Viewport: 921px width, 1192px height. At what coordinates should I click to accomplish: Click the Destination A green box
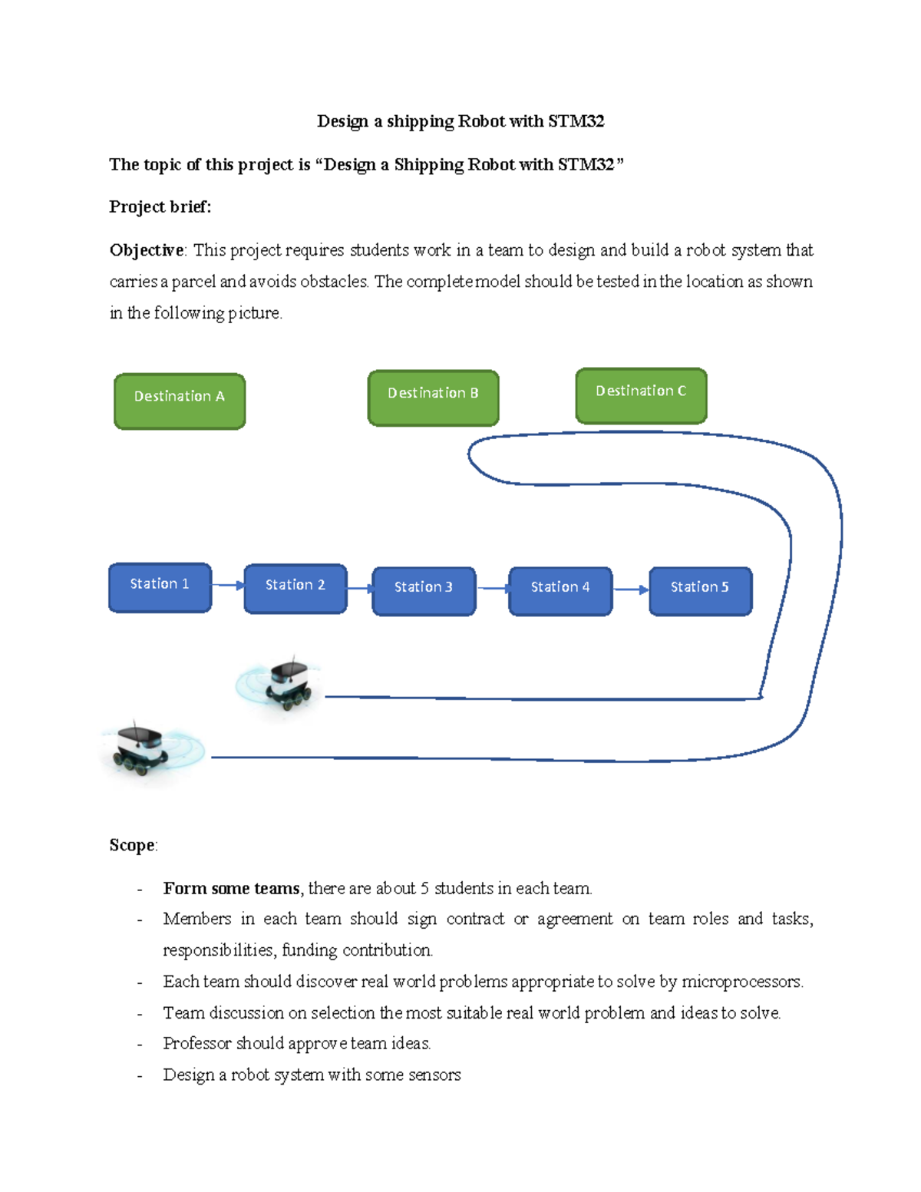pos(180,401)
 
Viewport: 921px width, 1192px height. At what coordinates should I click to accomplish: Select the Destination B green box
pos(433,398)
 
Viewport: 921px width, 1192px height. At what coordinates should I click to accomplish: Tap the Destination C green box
pos(641,395)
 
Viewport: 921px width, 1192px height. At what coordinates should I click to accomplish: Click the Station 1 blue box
pos(160,587)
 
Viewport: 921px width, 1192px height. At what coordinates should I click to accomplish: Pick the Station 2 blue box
pos(295,589)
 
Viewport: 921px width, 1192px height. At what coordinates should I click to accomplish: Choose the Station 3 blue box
pos(424,591)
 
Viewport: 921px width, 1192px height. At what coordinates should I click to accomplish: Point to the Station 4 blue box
pos(560,591)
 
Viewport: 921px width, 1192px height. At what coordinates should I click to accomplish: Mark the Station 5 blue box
pos(700,591)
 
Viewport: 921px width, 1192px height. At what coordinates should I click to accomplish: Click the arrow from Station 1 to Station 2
pos(228,585)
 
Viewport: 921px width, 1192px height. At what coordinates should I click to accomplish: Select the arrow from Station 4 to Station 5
pos(631,589)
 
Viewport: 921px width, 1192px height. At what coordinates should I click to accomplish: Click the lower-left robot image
pos(142,748)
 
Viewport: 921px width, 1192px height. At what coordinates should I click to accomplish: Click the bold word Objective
pos(146,250)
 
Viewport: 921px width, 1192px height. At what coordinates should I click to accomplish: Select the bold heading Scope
pos(132,845)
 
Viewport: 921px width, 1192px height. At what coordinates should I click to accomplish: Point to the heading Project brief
pos(160,206)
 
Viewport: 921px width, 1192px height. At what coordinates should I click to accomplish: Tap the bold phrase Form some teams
pos(231,888)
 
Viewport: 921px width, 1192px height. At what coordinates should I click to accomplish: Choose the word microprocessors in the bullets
pos(741,982)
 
